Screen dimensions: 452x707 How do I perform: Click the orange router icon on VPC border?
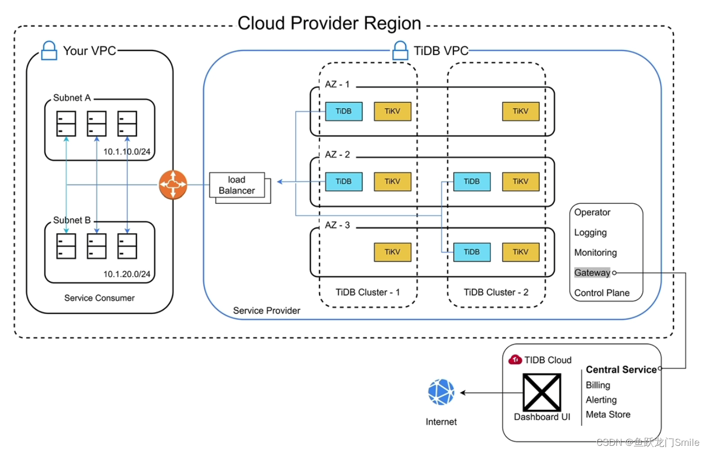(172, 185)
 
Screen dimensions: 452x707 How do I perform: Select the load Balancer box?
(237, 185)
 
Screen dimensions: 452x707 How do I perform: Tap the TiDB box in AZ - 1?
(343, 111)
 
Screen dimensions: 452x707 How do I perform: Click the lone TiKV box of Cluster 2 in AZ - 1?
(520, 111)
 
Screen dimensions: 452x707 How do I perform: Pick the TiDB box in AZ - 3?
(471, 252)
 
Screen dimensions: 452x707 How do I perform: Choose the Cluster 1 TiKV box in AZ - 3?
(392, 252)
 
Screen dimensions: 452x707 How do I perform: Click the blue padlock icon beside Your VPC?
(49, 51)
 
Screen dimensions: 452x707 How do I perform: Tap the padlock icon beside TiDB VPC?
(400, 51)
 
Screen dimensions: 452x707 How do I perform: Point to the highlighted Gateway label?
(592, 273)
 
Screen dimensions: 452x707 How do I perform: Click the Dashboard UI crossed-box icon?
(542, 392)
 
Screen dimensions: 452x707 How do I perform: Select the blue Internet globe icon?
(441, 392)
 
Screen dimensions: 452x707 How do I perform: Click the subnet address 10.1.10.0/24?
(127, 152)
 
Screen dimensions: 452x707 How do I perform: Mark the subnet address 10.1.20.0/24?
(127, 274)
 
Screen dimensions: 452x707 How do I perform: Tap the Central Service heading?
(621, 370)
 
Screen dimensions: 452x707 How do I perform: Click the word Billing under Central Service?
(597, 385)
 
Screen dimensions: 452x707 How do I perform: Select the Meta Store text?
(608, 414)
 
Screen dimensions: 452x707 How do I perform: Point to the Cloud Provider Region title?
(329, 23)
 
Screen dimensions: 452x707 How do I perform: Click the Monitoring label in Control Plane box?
(595, 253)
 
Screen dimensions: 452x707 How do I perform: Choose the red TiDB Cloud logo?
(515, 360)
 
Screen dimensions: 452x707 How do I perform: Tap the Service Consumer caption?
(99, 298)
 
